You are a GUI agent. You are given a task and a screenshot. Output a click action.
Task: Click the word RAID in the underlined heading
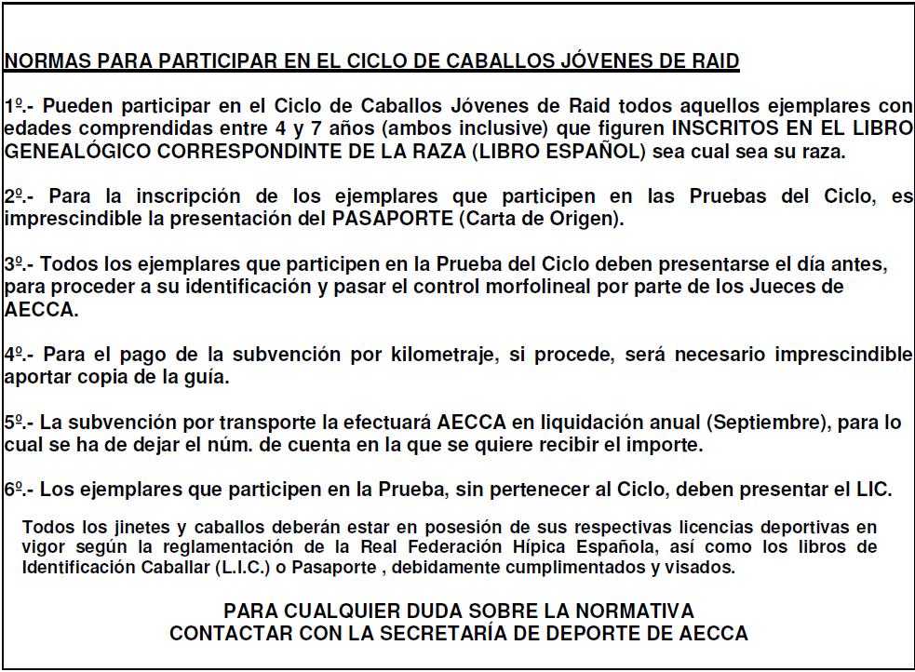coord(714,62)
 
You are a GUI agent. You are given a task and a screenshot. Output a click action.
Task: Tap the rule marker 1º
coord(14,106)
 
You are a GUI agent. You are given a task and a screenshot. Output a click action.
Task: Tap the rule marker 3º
coord(14,264)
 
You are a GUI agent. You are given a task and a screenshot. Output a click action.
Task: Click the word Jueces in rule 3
coord(790,287)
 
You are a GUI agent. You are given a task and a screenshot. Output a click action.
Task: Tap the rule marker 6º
coord(14,490)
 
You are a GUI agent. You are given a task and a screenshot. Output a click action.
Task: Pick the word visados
coord(701,566)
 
